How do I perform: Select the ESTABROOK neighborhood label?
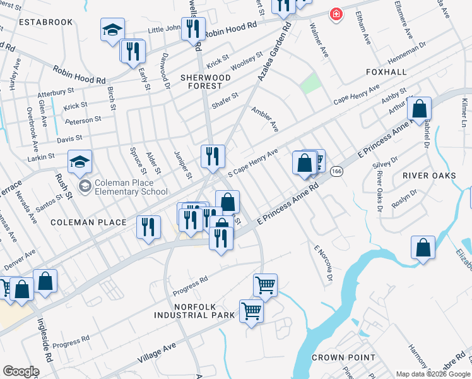pyautogui.click(x=46, y=21)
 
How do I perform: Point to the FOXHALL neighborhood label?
pyautogui.click(x=386, y=72)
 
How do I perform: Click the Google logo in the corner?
pyautogui.click(x=21, y=371)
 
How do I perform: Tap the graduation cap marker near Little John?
pyautogui.click(x=112, y=30)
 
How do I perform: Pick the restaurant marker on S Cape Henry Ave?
pyautogui.click(x=213, y=155)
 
